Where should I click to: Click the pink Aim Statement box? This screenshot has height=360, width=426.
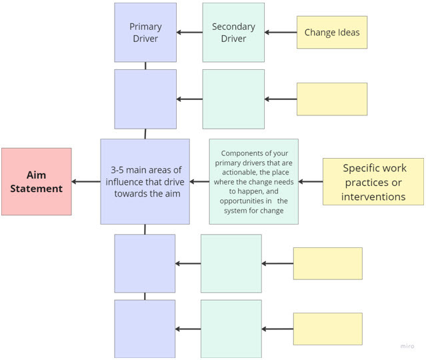[x=36, y=181]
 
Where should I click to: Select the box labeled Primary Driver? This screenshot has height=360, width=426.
[x=145, y=33]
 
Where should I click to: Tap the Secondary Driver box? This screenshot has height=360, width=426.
[x=233, y=33]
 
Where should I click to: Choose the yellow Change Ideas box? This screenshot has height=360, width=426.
[x=332, y=33]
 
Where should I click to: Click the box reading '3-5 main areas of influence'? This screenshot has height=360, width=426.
[x=145, y=181]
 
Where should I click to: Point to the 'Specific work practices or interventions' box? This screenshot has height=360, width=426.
[x=373, y=181]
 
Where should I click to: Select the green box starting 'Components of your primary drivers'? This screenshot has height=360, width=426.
[x=253, y=181]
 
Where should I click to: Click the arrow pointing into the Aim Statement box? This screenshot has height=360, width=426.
[x=86, y=181]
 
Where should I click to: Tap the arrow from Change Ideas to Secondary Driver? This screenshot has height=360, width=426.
[x=281, y=32]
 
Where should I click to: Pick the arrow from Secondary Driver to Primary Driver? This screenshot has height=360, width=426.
[x=190, y=32]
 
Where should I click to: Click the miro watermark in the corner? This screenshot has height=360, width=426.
[x=407, y=347]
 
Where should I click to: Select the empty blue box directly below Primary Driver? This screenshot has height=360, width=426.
[x=145, y=99]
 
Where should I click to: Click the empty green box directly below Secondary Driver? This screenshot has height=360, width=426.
[x=233, y=99]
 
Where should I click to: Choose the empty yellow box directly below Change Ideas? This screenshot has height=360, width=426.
[x=331, y=99]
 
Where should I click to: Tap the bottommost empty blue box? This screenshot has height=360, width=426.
[x=145, y=329]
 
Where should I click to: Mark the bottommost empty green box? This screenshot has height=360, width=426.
[x=231, y=329]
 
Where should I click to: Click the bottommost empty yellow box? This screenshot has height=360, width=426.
[x=327, y=329]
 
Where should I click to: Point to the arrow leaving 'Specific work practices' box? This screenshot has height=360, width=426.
[x=311, y=181]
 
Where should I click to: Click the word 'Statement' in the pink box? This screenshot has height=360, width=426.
[x=36, y=189]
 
